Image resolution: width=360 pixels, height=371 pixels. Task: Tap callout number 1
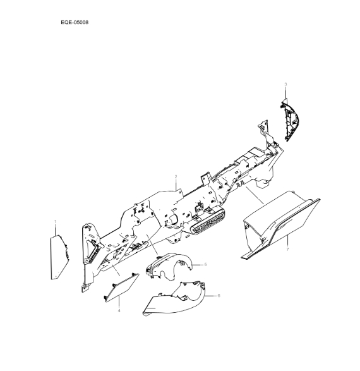[55, 222]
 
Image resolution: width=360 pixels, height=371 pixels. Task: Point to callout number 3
[285, 84]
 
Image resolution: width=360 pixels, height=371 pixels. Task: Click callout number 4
[118, 311]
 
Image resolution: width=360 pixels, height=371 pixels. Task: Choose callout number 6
[219, 295]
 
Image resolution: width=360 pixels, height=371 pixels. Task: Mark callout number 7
[287, 250]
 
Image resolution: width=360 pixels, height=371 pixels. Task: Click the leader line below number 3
[285, 94]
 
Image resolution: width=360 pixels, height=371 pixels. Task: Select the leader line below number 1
[55, 229]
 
